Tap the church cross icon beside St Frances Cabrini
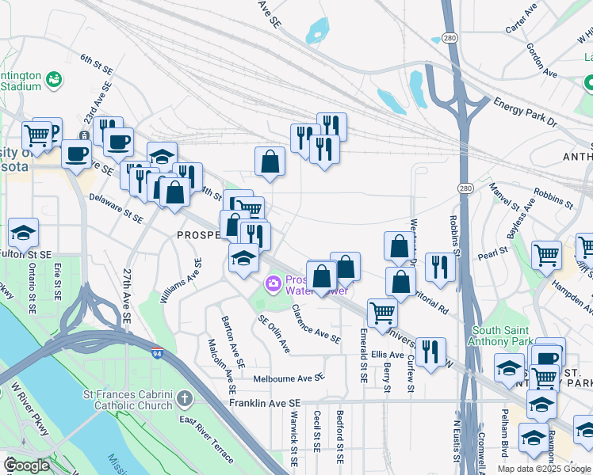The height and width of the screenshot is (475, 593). pyautogui.click(x=184, y=398)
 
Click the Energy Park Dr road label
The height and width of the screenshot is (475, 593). pyautogui.click(x=526, y=112)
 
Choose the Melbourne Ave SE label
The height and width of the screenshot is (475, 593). pyautogui.click(x=289, y=379)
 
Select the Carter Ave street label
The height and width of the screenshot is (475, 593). pyautogui.click(x=521, y=19)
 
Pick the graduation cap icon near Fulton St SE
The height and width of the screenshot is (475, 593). pyautogui.click(x=24, y=234)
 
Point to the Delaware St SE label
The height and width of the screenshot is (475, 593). pyautogui.click(x=116, y=207)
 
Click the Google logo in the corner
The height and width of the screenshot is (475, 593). pyautogui.click(x=27, y=466)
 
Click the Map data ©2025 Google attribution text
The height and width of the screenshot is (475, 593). pyautogui.click(x=543, y=469)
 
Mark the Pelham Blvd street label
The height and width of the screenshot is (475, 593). pyautogui.click(x=503, y=434)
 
